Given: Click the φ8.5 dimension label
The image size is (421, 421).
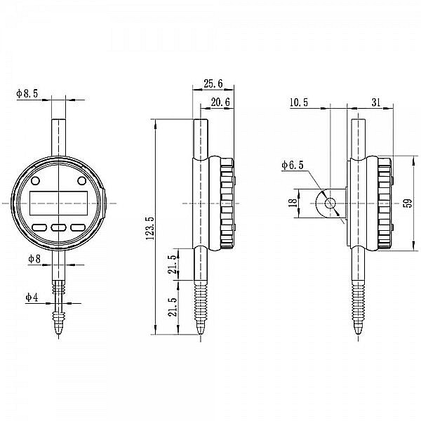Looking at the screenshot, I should point(27,92).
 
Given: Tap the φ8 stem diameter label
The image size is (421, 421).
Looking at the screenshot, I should point(34,259).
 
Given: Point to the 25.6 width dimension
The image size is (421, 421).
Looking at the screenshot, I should point(213,83).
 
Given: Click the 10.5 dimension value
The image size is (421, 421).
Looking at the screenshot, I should point(298,102).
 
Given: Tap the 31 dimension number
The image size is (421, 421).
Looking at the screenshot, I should point(376,102).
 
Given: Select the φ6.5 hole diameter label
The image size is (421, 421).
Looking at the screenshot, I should point(293,166).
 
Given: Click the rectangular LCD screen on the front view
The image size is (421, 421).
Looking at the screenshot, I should point(58,203).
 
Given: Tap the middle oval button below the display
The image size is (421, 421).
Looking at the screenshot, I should point(58,227).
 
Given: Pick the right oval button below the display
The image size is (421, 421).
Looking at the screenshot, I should point(76,227).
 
